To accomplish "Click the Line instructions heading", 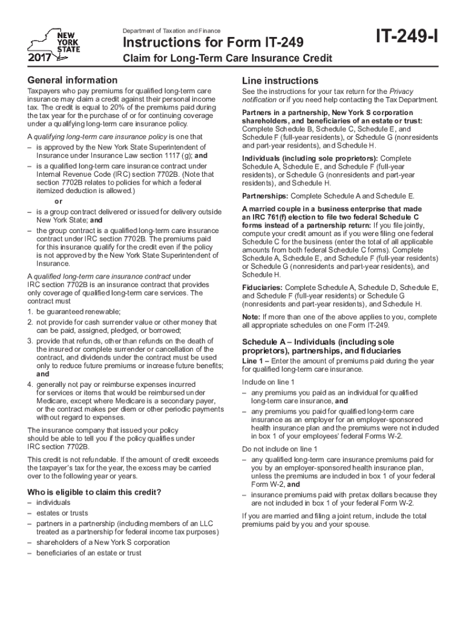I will [x=280, y=81].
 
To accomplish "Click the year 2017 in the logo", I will [x=39, y=58].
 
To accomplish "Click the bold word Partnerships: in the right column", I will [x=266, y=196].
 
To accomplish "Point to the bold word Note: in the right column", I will [x=251, y=317].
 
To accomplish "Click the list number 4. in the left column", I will [x=30, y=384].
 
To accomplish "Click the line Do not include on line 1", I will [x=279, y=449].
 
